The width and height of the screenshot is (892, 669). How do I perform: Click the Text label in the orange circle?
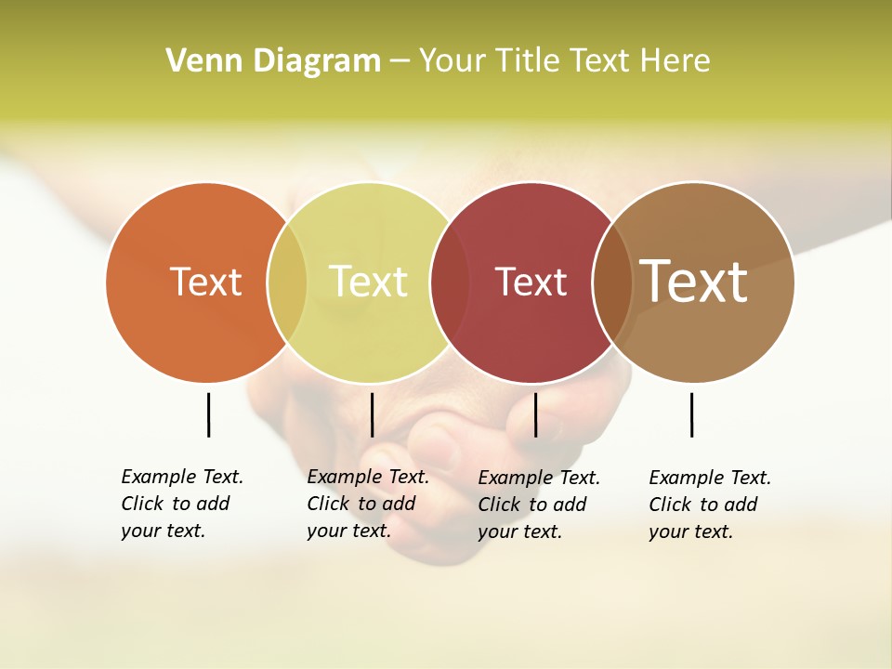pos(205,282)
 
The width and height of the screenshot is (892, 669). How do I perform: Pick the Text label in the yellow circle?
pos(368,282)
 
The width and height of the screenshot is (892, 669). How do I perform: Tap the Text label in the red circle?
pos(531,282)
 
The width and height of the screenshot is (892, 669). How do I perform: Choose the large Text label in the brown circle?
pos(694,281)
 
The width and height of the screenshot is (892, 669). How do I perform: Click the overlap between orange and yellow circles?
pos(287,282)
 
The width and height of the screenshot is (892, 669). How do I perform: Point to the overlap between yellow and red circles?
pos(451,282)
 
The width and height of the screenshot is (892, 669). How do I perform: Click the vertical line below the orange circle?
pos(208,414)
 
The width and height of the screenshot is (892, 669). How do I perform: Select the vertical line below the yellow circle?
pos(372,414)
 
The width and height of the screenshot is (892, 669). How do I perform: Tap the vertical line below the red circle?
pos(535,414)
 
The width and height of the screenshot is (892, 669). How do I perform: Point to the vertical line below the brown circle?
pos(691,414)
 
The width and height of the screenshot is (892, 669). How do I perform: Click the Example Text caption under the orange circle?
pos(182,504)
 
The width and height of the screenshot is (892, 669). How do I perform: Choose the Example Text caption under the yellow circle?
pos(368,504)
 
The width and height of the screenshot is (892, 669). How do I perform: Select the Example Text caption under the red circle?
pos(539,505)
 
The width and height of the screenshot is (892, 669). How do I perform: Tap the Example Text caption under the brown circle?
pos(710,505)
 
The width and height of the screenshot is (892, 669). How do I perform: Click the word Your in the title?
pos(453,61)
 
